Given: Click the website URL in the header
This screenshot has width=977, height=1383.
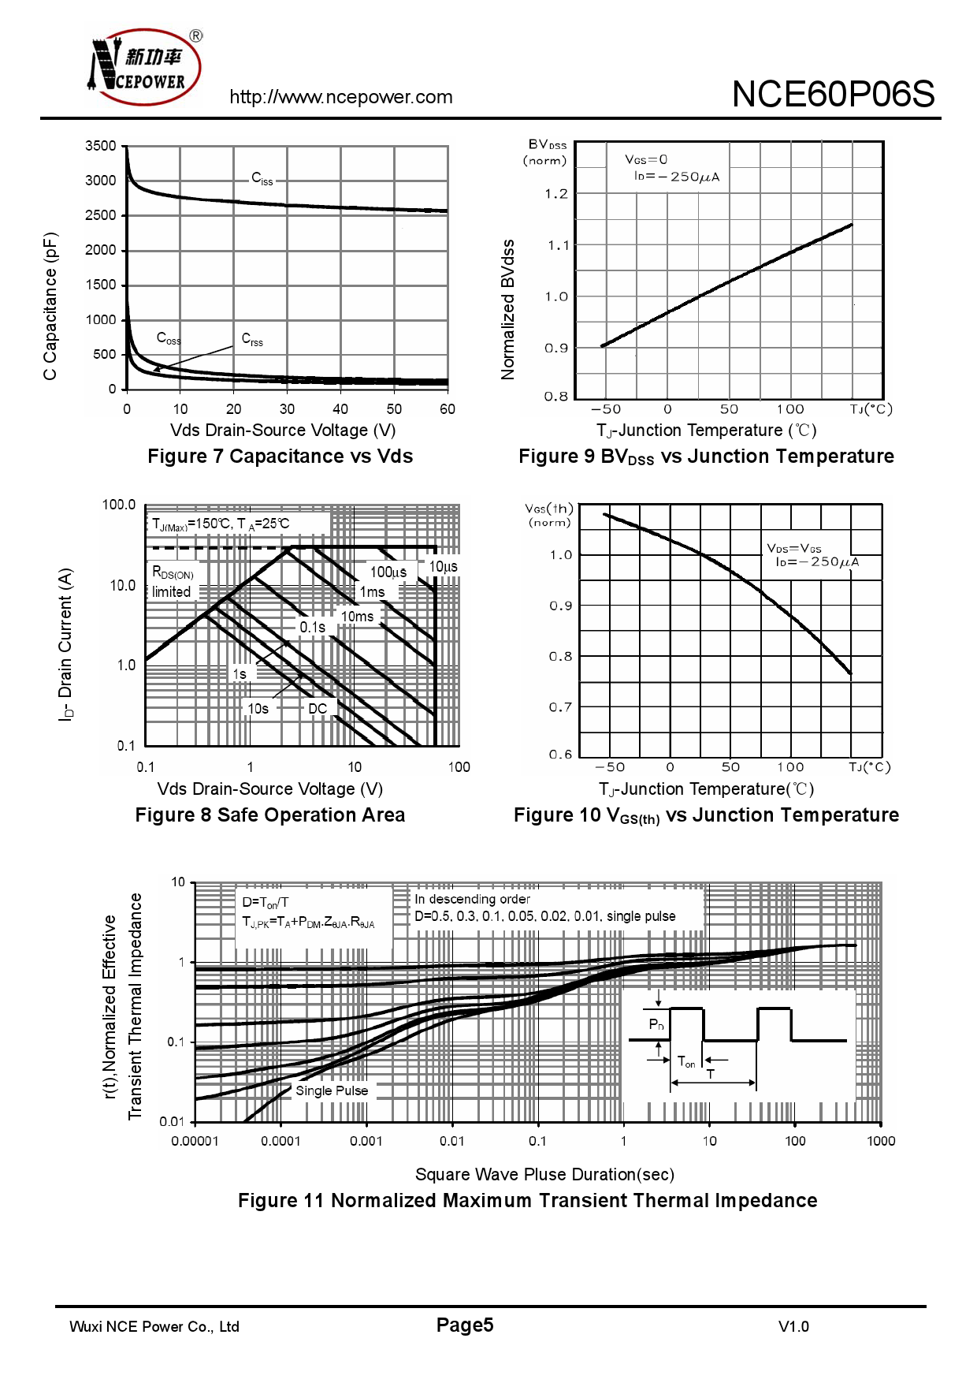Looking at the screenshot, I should coord(340,97).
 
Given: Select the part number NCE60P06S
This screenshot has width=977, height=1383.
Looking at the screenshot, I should coord(833,95).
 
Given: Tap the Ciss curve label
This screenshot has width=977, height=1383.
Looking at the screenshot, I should coord(262,179).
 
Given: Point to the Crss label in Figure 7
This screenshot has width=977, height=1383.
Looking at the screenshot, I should coord(252,339).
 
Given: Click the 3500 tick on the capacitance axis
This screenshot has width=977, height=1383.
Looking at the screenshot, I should coord(101,146).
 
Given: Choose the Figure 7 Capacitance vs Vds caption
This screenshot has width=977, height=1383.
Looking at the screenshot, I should coord(280,457).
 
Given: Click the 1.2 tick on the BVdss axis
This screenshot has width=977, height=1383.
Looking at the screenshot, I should coord(555,194).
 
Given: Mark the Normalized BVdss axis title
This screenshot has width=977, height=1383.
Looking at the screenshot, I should coord(508,309).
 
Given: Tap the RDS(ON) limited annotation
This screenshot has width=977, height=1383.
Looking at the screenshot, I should coord(173,582).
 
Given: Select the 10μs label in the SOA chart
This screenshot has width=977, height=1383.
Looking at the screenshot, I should coord(443,567).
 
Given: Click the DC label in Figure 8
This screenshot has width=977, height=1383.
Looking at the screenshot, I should coord(318,709).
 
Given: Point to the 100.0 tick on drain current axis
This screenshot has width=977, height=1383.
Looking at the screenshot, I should coord(119,505).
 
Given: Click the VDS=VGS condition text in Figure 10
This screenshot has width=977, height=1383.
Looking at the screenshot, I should coord(794,548).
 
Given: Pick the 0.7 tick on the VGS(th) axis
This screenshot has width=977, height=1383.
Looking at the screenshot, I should coord(560,707).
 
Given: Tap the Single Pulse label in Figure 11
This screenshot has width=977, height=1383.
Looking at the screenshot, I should coord(332,1090).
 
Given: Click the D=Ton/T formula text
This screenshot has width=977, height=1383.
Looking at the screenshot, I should coord(266,902).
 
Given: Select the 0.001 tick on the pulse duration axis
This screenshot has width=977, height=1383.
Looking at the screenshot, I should coord(366,1141).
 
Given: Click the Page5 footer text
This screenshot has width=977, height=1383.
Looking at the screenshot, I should coord(465,1325).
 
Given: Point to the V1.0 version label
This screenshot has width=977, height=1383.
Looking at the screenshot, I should coord(793,1327).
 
